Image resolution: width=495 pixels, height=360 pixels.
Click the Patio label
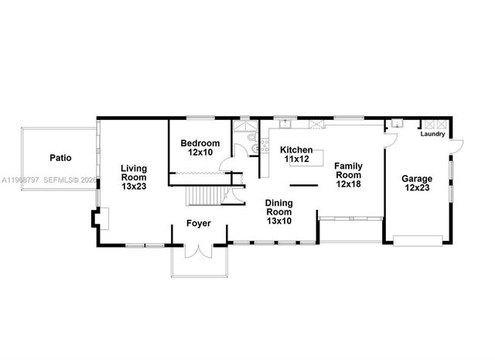click(x=60, y=158)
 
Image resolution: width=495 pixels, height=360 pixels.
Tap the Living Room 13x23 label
click(x=134, y=177)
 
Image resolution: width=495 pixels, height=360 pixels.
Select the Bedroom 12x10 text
click(x=200, y=148)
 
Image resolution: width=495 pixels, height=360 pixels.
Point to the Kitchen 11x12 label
click(x=296, y=154)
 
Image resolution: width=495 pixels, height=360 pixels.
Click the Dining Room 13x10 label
click(x=278, y=211)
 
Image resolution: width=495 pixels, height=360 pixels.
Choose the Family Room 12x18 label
click(x=348, y=175)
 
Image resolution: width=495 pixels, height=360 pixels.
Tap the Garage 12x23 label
click(x=417, y=183)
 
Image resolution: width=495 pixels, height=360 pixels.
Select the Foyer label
click(x=199, y=225)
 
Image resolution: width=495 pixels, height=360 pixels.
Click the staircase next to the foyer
click(x=206, y=197)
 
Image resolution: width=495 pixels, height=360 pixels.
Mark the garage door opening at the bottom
click(x=417, y=238)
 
